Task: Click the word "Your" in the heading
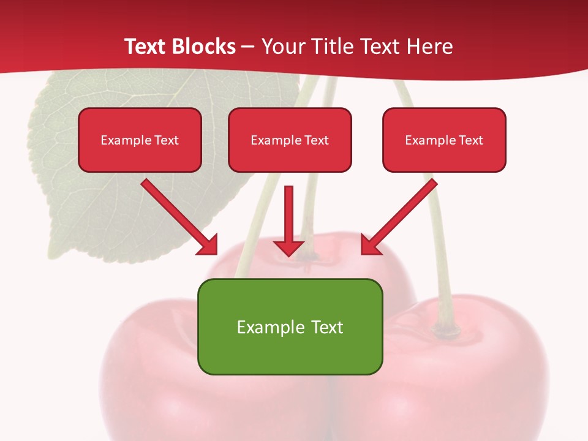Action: [x=283, y=47]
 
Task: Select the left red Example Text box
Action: [x=140, y=140]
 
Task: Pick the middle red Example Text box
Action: [x=290, y=140]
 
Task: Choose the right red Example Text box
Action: [x=444, y=140]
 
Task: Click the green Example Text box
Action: [x=290, y=326]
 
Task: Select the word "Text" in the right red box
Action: [x=470, y=140]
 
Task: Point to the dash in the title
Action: [x=248, y=47]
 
